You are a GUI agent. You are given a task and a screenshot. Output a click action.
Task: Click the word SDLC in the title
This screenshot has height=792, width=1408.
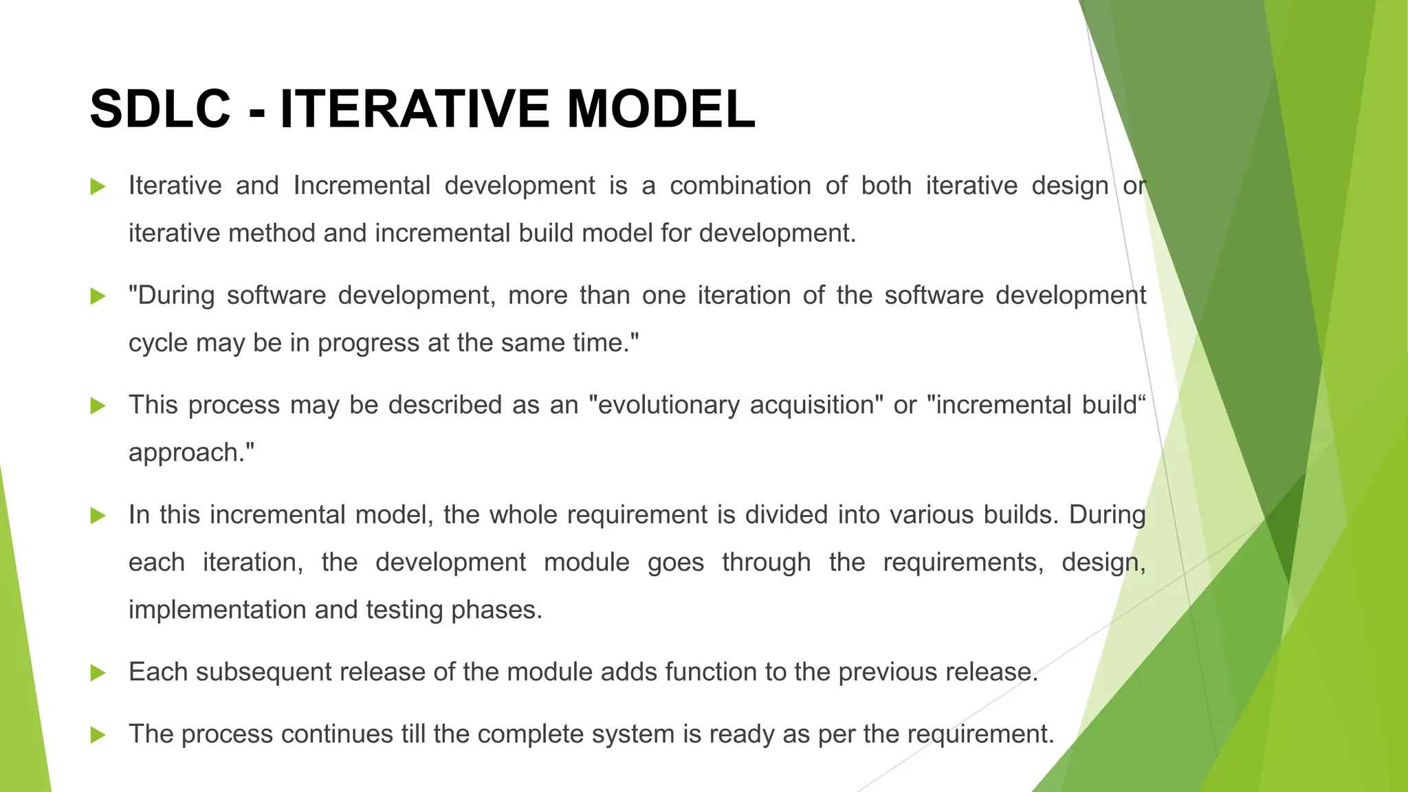point(160,109)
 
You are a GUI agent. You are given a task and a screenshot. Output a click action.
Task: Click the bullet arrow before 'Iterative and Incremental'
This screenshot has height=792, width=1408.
point(98,186)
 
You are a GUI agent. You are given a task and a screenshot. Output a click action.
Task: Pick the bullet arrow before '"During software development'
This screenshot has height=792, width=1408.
point(98,296)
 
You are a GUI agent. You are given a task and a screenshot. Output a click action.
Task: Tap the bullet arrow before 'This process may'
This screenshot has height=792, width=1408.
point(98,406)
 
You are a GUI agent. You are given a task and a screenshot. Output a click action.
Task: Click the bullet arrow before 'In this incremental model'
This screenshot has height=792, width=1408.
point(98,516)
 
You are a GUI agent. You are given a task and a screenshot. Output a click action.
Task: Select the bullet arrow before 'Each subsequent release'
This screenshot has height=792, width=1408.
point(98,672)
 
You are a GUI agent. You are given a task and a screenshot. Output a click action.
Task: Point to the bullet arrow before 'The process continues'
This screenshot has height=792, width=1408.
point(98,735)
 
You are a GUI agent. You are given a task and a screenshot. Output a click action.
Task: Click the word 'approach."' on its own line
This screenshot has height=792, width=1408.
point(191,453)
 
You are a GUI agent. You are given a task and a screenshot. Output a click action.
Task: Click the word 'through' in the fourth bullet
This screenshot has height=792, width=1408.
point(766,562)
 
